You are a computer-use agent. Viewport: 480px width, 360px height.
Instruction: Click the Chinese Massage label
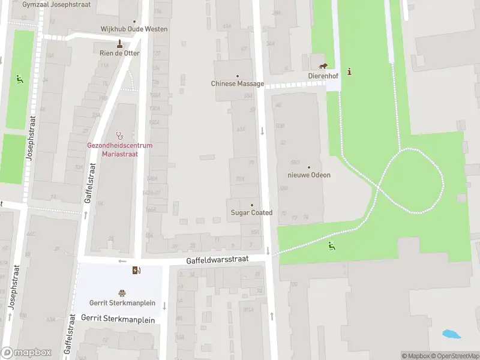tap(238, 84)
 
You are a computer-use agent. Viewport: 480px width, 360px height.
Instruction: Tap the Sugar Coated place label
tap(252, 213)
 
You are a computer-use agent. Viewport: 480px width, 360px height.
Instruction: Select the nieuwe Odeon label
tap(309, 175)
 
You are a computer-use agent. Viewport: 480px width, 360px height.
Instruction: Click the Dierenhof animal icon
tap(323, 66)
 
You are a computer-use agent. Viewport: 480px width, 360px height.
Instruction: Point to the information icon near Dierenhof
tap(350, 71)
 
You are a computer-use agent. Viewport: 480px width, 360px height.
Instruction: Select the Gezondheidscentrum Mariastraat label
tap(120, 149)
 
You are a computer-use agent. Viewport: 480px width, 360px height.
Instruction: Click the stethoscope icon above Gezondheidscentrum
tap(120, 136)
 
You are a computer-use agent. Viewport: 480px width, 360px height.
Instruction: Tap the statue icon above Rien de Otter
tap(120, 43)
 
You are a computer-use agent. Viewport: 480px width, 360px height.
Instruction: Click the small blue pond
tap(449, 334)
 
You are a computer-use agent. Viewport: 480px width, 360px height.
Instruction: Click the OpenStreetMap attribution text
tap(454, 356)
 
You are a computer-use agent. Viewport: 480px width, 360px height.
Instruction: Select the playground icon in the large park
tap(331, 245)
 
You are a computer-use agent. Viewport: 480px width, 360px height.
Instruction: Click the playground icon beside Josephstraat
tap(19, 78)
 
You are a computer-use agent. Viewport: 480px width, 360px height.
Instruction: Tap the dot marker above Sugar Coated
tap(252, 205)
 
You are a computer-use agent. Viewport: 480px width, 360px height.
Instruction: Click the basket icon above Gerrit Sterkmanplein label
tap(122, 293)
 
